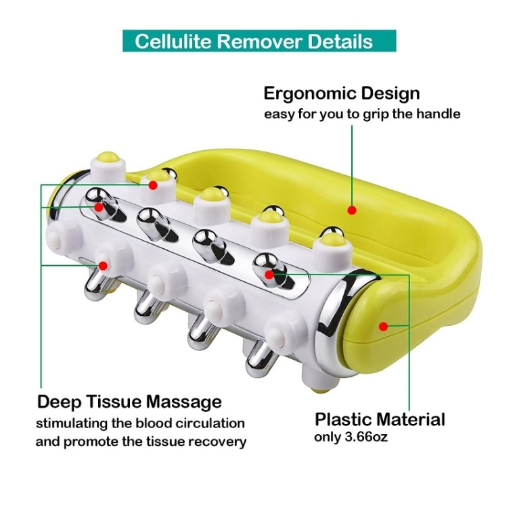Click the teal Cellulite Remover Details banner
pyautogui.click(x=259, y=41)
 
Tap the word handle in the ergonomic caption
pyautogui.click(x=439, y=114)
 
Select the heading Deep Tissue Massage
pyautogui.click(x=129, y=402)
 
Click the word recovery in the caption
pyautogui.click(x=217, y=442)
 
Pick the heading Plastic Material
pyautogui.click(x=380, y=419)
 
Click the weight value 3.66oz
pyautogui.click(x=367, y=437)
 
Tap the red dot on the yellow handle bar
pyautogui.click(x=352, y=210)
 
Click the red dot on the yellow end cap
pyautogui.click(x=383, y=326)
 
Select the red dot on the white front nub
pyautogui.click(x=104, y=266)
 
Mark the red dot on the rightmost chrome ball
pyautogui.click(x=269, y=274)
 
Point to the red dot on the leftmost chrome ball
pyautogui.click(x=98, y=207)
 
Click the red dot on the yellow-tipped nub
pyautogui.click(x=153, y=185)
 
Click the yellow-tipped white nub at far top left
pyautogui.click(x=108, y=166)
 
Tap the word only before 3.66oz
pyautogui.click(x=328, y=438)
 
